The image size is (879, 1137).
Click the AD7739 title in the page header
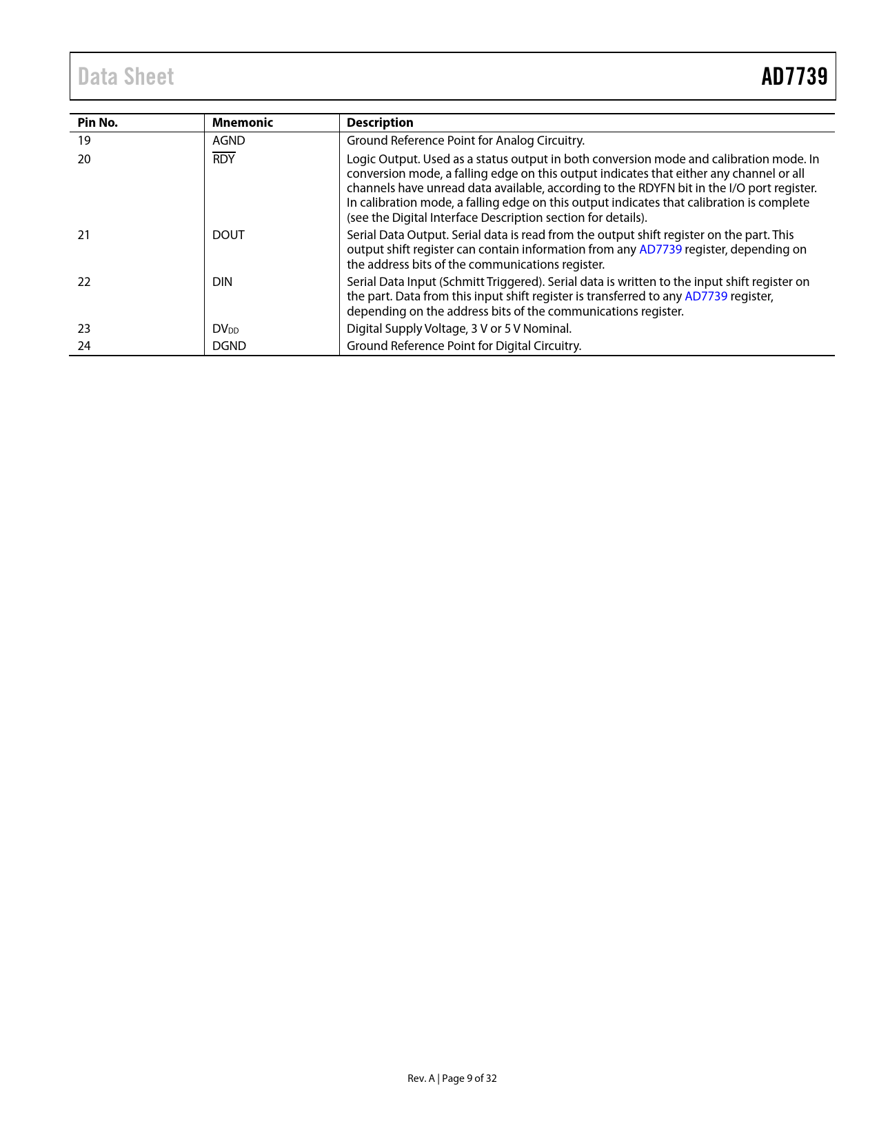(794, 76)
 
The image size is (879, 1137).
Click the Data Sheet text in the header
(125, 76)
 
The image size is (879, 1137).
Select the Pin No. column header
(97, 123)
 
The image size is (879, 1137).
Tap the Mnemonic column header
(242, 123)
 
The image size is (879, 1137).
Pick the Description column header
(380, 123)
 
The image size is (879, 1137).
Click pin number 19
(84, 141)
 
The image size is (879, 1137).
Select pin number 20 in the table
(84, 159)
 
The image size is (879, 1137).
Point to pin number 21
(84, 235)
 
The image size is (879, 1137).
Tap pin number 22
(84, 282)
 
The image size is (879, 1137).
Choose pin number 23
(84, 329)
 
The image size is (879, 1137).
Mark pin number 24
(84, 346)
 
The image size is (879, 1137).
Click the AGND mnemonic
(228, 141)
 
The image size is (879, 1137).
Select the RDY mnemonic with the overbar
(223, 159)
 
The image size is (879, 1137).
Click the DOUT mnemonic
(228, 235)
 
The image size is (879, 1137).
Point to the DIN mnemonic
(222, 282)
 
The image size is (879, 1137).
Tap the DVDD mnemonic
(225, 329)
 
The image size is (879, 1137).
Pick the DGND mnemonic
(229, 346)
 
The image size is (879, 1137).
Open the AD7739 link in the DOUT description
(660, 249)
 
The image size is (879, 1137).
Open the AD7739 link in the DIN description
(705, 296)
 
